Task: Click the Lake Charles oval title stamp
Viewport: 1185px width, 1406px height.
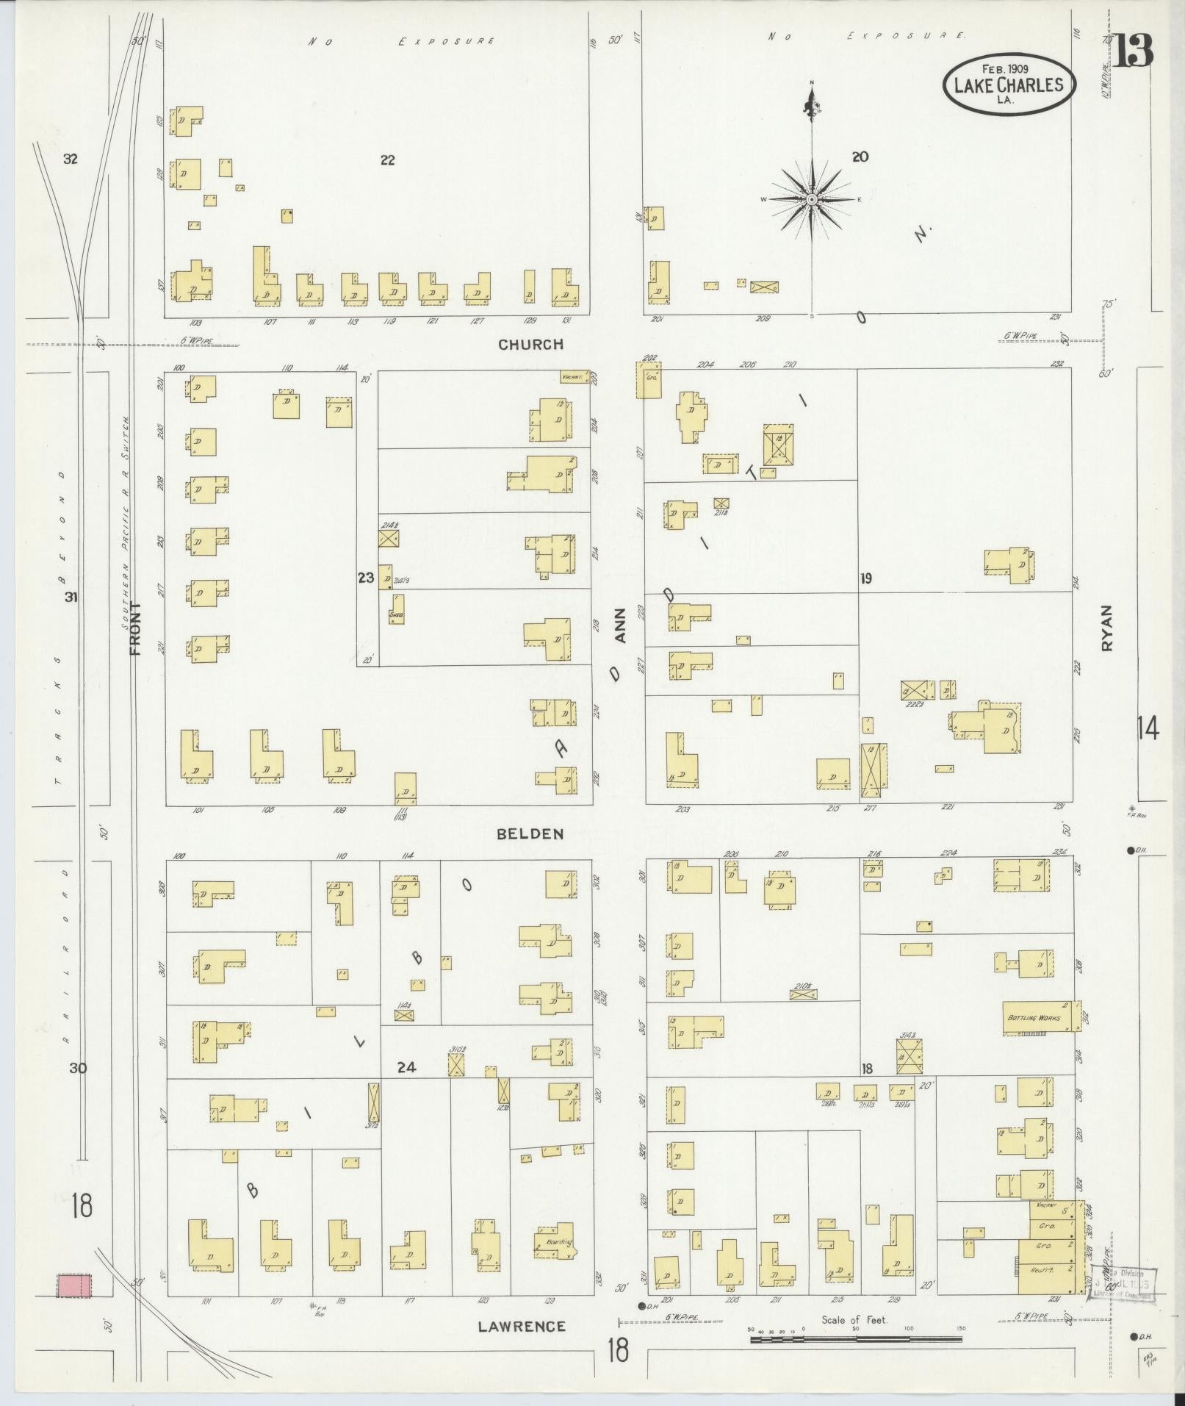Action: pyautogui.click(x=1009, y=85)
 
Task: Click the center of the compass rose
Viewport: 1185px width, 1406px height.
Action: pyautogui.click(x=811, y=199)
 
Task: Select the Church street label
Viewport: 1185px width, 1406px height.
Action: pyautogui.click(x=530, y=344)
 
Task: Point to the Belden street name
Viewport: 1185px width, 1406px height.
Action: pyautogui.click(x=530, y=833)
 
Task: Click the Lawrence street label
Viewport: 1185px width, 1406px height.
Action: pyautogui.click(x=522, y=1326)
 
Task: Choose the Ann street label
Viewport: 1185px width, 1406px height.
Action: pyautogui.click(x=619, y=625)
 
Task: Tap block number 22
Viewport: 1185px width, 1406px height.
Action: pyautogui.click(x=387, y=160)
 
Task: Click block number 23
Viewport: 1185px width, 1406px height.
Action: pyautogui.click(x=366, y=578)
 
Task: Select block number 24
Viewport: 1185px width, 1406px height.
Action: pyautogui.click(x=406, y=1067)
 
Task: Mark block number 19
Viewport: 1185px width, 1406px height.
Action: pyautogui.click(x=866, y=579)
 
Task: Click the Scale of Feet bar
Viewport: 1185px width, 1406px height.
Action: pyautogui.click(x=856, y=1339)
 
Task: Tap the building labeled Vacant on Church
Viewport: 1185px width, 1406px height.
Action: pyautogui.click(x=575, y=376)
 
